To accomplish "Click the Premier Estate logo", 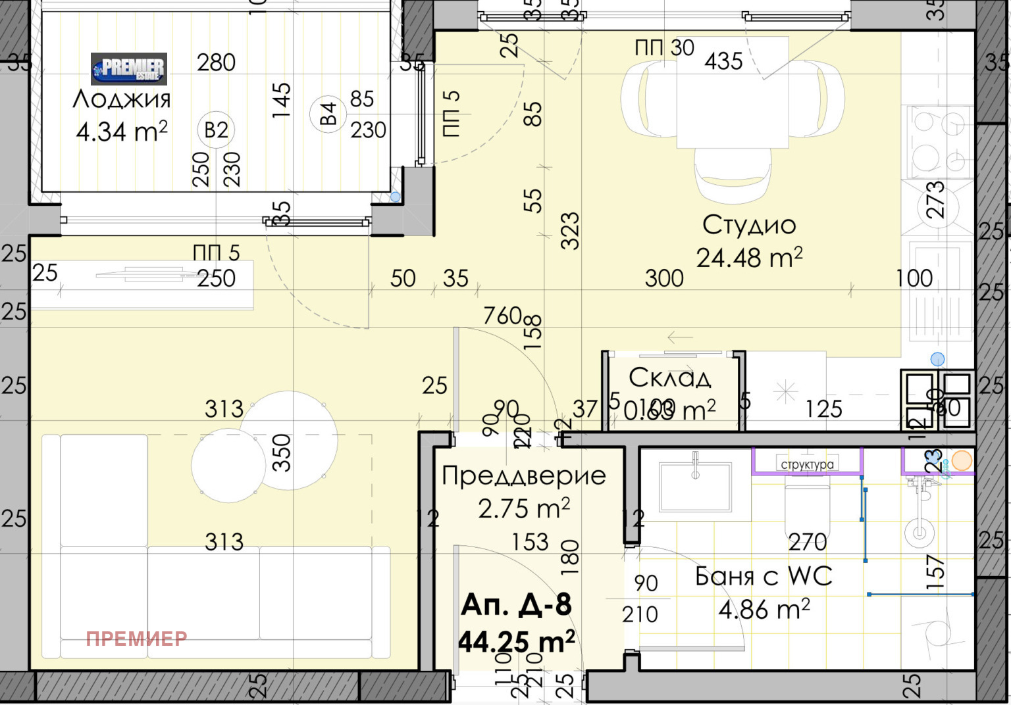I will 129,69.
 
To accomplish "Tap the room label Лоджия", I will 122,99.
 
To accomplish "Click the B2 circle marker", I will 216,130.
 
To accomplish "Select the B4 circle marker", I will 328,114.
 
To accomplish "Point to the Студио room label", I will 749,226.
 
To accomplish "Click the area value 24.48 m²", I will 749,258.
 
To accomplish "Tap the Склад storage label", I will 670,378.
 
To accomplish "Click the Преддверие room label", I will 523,475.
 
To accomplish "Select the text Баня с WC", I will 764,577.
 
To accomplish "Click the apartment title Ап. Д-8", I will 517,605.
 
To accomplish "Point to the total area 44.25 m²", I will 517,641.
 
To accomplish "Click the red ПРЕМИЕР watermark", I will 136,639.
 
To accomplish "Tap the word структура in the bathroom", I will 807,464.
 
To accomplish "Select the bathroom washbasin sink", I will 695,487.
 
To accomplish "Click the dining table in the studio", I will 733,92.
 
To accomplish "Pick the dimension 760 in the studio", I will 503,316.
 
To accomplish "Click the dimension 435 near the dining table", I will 723,61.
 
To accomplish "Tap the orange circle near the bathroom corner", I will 962,460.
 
